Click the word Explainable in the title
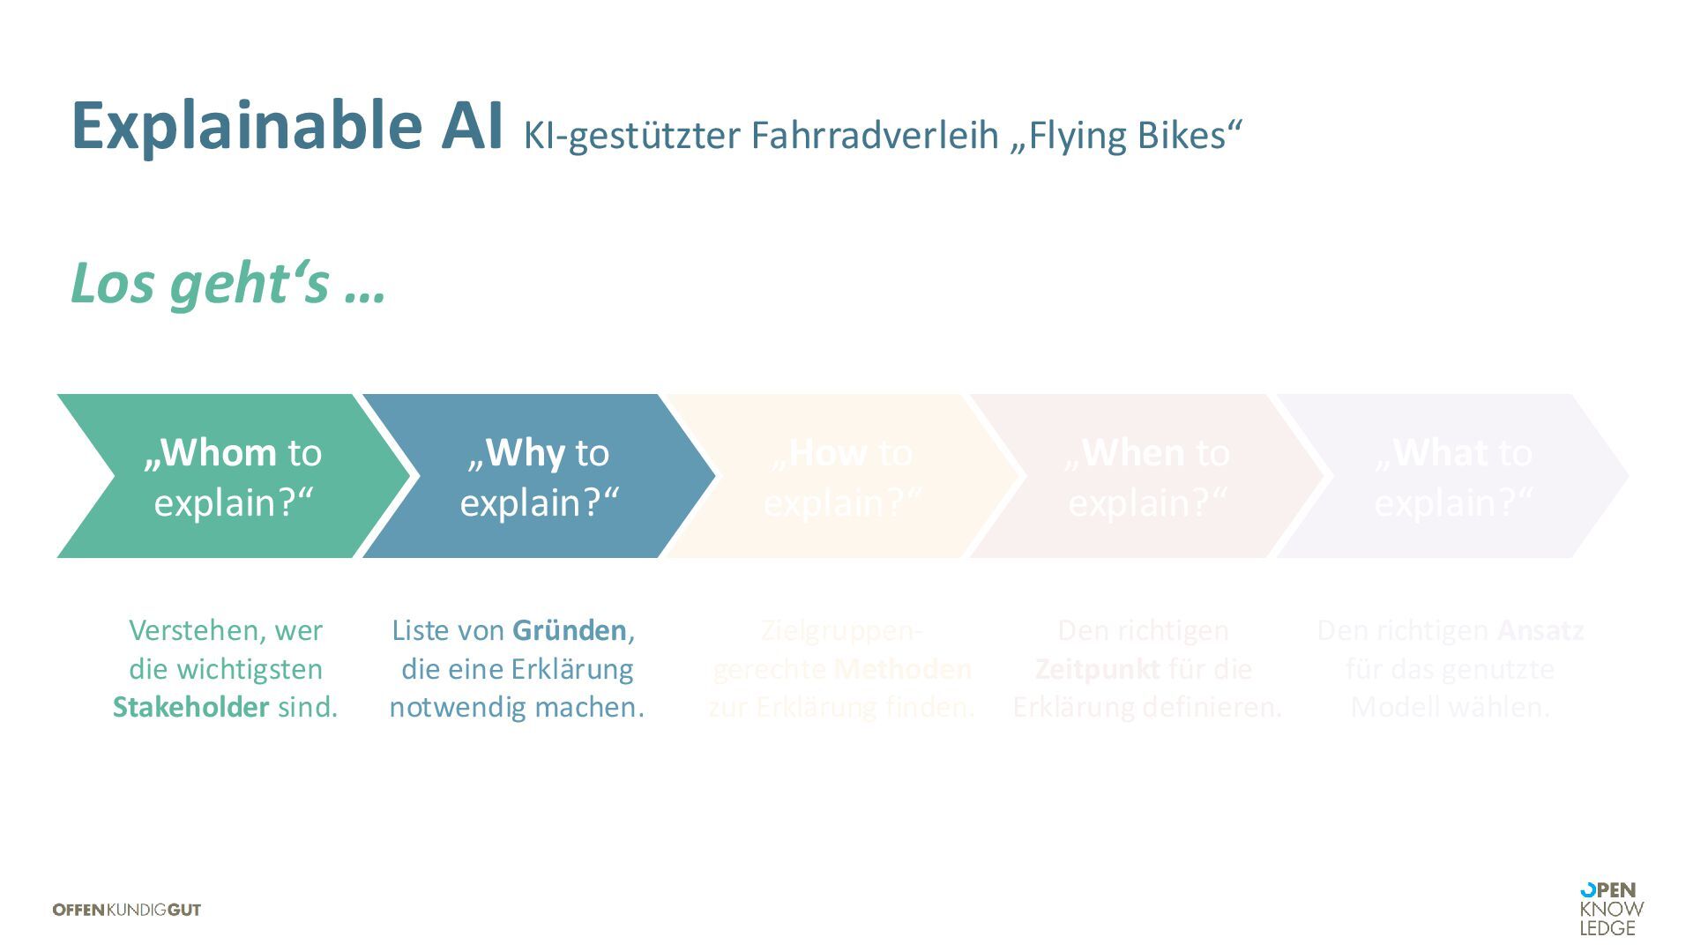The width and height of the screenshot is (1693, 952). (245, 126)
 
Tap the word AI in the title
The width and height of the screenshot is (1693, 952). (472, 126)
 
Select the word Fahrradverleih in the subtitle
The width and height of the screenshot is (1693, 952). (875, 135)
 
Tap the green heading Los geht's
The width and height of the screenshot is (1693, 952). (227, 284)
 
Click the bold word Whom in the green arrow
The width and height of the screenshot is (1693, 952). (218, 453)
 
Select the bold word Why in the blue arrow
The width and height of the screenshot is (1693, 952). (525, 453)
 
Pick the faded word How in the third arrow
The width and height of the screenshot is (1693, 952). (827, 453)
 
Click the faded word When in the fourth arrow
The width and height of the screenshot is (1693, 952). (1133, 453)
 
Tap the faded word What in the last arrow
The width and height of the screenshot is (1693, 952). (1439, 453)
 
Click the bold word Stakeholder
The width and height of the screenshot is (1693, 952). (190, 707)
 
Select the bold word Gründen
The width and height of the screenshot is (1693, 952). (570, 630)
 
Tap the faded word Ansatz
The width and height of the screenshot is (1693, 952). (1540, 630)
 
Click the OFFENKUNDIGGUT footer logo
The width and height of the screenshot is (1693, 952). (127, 910)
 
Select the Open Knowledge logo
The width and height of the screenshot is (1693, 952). (1611, 909)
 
